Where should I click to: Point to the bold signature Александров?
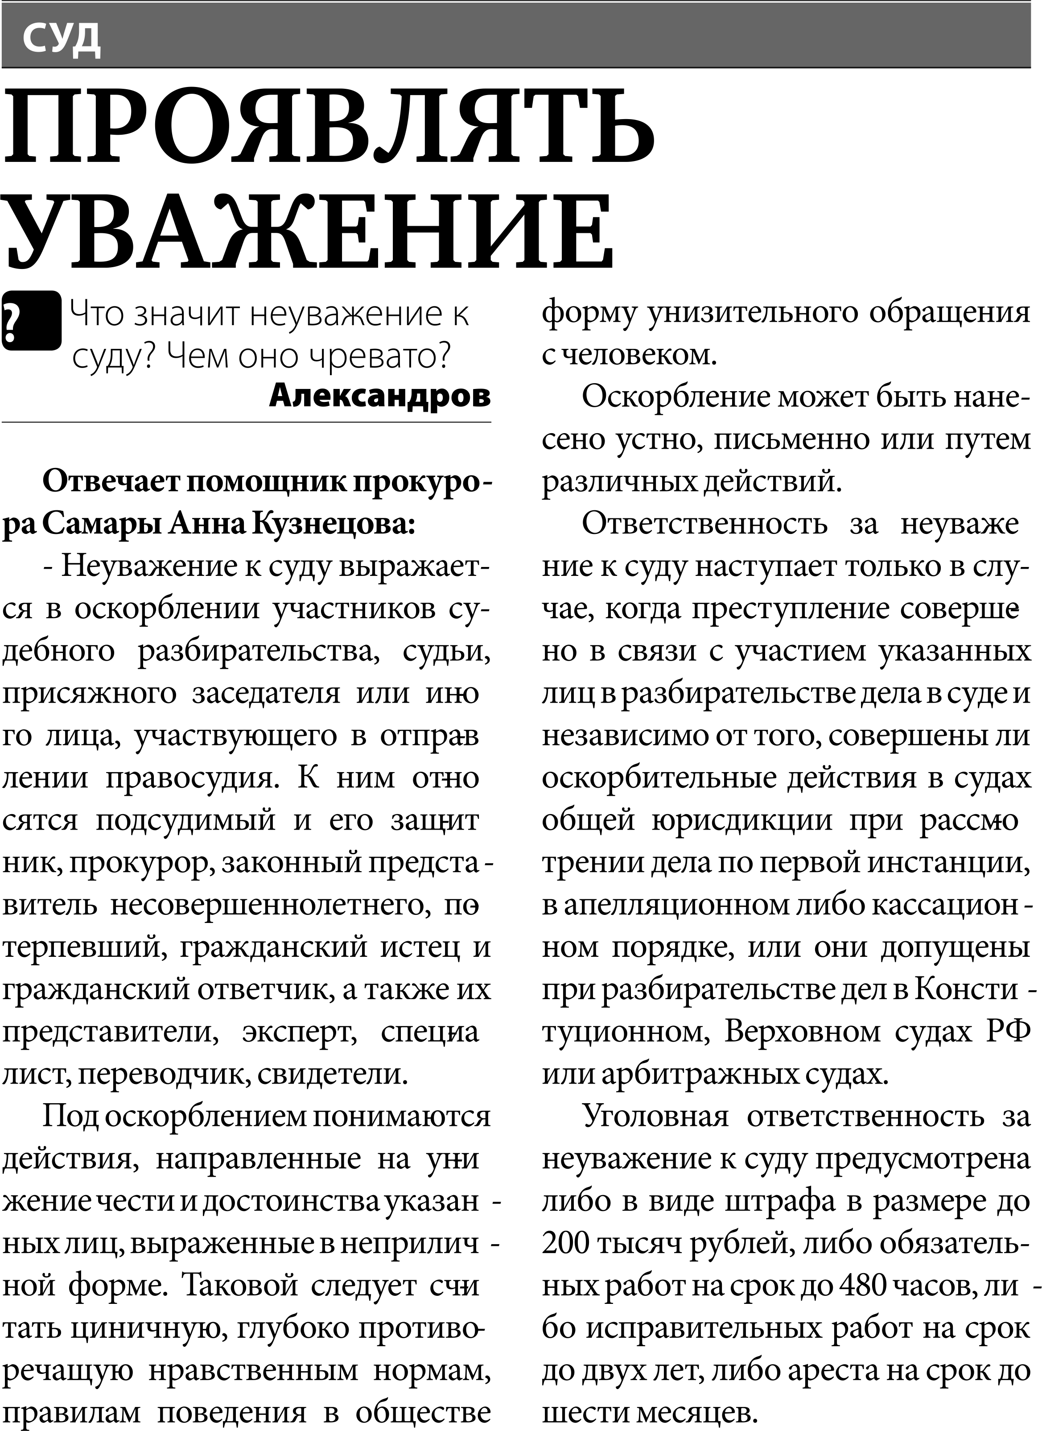(x=380, y=396)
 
